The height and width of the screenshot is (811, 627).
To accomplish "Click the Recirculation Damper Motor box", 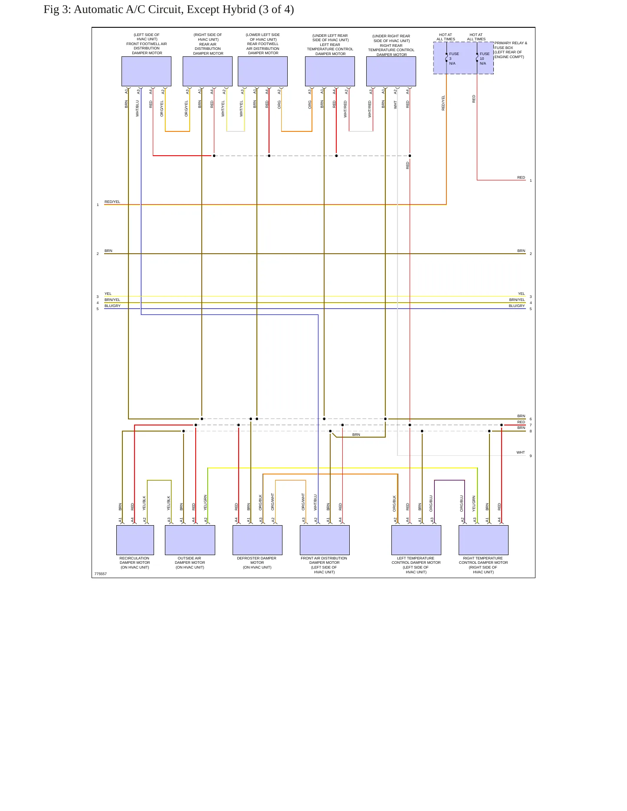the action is tap(135, 540).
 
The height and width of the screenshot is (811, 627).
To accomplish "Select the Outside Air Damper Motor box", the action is tap(190, 540).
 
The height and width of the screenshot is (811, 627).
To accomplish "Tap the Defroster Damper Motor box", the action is tap(257, 540).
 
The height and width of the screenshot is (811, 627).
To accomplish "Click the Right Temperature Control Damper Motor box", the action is tap(483, 540).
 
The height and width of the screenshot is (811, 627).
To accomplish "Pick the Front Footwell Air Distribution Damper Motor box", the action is tap(146, 71).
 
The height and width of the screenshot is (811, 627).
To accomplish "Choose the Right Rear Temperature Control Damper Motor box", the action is tap(391, 71).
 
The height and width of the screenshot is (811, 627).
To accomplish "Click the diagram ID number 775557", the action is tap(101, 574).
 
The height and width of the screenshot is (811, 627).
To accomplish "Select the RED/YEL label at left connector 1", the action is tap(112, 202).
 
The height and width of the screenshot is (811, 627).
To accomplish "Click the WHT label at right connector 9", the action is tap(521, 452).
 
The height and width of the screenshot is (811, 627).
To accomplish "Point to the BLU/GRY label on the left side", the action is tap(112, 306).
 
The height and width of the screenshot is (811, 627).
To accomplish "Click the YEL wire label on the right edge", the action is tap(522, 294).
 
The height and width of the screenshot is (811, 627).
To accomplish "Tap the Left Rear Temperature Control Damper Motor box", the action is tap(330, 71).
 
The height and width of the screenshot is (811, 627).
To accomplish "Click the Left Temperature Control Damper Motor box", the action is tap(416, 540).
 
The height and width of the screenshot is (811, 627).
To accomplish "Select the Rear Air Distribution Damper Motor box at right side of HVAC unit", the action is tap(207, 71).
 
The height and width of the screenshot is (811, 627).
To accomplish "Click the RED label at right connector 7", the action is tap(521, 422).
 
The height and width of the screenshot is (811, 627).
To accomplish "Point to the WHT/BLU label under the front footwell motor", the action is tap(138, 108).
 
